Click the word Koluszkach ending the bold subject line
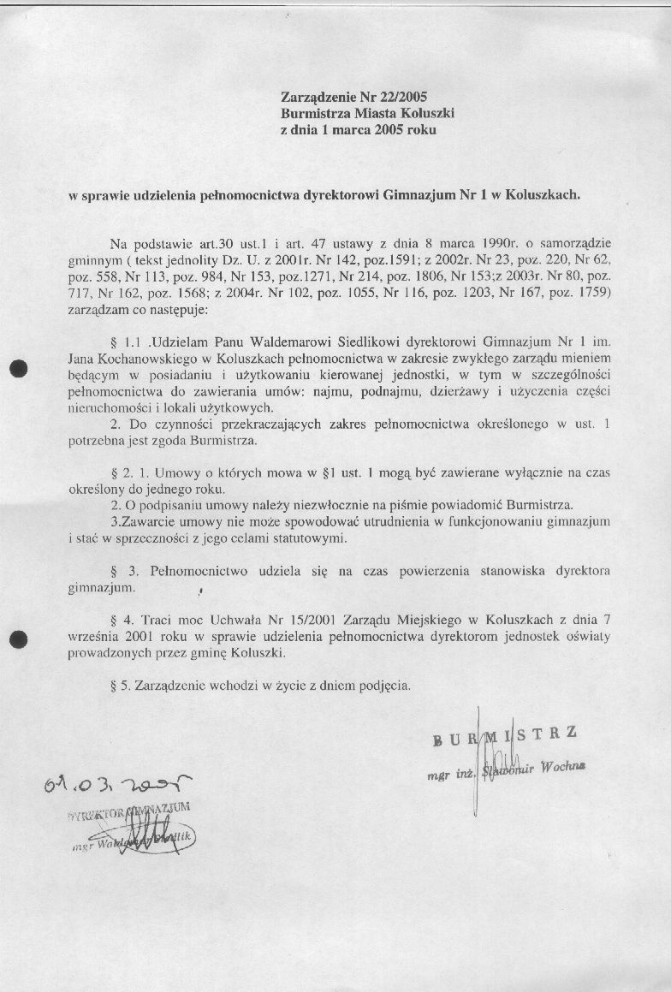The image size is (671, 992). (x=543, y=194)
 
